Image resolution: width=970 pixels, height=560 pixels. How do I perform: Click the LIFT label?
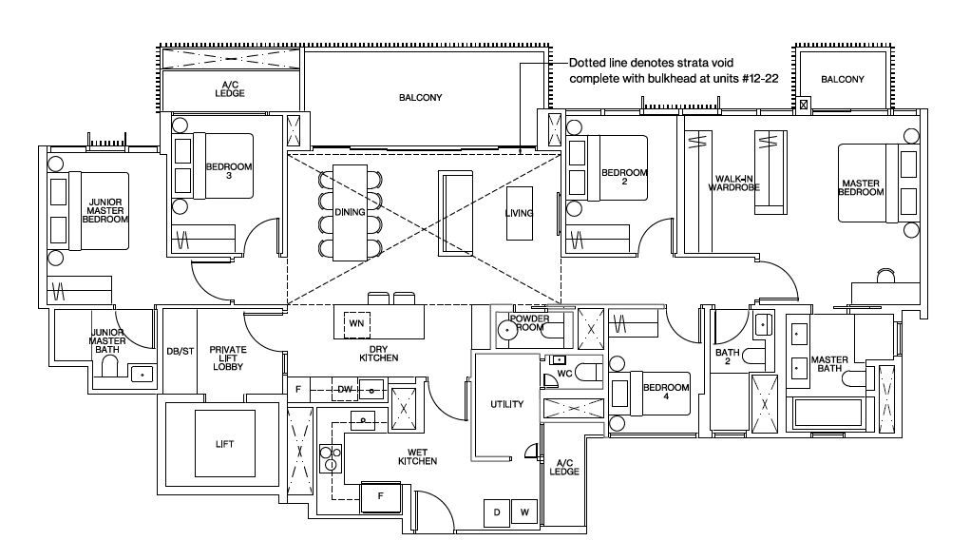click(x=224, y=444)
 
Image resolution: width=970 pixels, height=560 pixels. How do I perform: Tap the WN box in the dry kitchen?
click(x=356, y=323)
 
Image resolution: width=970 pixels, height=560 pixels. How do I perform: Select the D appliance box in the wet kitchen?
click(x=497, y=512)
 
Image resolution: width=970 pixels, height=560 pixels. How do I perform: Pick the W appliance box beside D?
click(x=524, y=512)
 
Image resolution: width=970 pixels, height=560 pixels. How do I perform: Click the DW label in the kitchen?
click(x=345, y=390)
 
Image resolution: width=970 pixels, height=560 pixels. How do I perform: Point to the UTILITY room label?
click(x=506, y=405)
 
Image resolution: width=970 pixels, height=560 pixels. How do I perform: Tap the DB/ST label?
click(x=180, y=352)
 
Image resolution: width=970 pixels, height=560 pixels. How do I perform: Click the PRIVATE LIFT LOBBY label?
click(x=228, y=358)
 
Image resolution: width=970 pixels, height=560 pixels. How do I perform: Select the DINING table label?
click(x=350, y=212)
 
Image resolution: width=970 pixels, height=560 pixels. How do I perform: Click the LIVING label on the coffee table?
click(x=519, y=213)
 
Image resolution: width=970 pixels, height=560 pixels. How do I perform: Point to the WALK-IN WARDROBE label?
click(x=733, y=183)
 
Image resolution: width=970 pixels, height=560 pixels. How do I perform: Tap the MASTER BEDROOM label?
click(x=861, y=187)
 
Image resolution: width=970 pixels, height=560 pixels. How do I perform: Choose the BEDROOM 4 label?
click(x=666, y=392)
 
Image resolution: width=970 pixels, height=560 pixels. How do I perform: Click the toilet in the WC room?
click(x=588, y=373)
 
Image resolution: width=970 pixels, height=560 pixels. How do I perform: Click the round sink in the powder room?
click(x=507, y=331)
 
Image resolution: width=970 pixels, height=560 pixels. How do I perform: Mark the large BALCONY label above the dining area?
click(x=421, y=98)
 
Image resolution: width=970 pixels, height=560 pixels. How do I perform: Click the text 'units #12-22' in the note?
click(x=746, y=79)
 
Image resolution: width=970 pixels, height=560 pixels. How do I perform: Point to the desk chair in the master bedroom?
click(x=885, y=275)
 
